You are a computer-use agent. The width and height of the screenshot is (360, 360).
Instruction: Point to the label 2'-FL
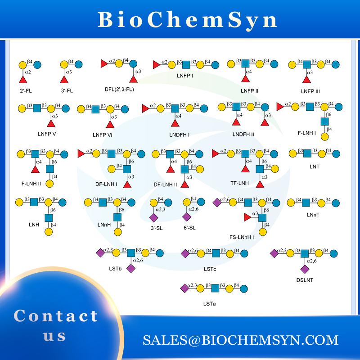point(26,90)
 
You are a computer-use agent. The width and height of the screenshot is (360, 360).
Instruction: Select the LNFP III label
point(310,91)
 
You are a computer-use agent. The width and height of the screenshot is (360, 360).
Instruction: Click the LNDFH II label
point(243,134)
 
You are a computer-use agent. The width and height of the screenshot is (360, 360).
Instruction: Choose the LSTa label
point(210,303)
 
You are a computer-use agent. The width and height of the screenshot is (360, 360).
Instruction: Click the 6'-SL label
point(189,228)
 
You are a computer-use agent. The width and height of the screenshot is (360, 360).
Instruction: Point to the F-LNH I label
point(306,133)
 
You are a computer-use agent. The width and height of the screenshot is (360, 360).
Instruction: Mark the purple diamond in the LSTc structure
point(184,252)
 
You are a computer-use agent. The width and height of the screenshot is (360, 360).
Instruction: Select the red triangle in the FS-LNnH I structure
point(247,218)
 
